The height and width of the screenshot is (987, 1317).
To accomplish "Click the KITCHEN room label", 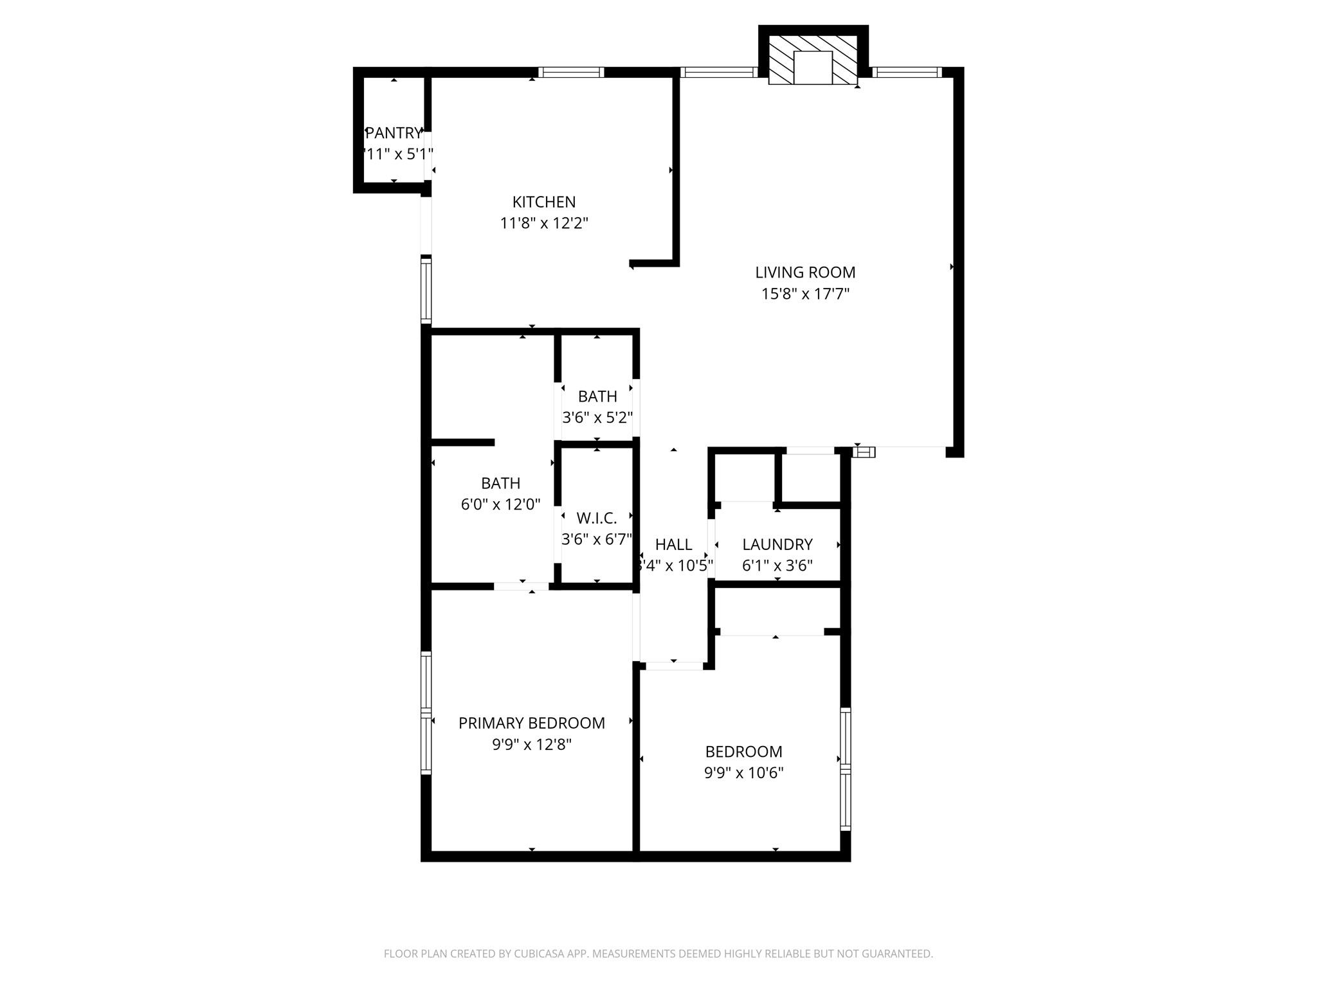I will (x=543, y=202).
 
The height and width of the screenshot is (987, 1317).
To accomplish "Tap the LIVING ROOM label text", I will (x=804, y=272).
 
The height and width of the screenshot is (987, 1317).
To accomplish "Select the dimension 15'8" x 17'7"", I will (x=805, y=294).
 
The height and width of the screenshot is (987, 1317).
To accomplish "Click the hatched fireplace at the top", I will (x=813, y=60).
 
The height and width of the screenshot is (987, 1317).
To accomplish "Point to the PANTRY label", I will (x=394, y=133).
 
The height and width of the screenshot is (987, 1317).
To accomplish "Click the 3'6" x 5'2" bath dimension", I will (x=597, y=418).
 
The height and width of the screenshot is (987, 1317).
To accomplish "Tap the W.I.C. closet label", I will (x=596, y=518).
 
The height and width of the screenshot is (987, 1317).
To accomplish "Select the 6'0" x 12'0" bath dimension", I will (x=500, y=504).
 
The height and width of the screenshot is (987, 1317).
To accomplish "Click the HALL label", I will (x=673, y=545).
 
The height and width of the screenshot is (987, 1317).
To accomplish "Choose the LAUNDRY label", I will (x=777, y=545).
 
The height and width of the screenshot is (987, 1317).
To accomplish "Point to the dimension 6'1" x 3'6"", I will (x=777, y=565).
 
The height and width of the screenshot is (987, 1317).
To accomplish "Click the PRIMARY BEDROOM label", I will (x=531, y=724).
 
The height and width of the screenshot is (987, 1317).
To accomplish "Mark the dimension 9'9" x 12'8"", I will (x=531, y=745).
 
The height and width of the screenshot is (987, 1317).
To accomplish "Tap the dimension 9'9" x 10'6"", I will (x=743, y=772).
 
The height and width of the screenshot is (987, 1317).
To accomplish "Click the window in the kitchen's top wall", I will (x=570, y=72).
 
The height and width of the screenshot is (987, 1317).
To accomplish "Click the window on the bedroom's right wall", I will (x=846, y=769).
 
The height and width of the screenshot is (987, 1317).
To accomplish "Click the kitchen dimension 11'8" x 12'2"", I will (x=544, y=224).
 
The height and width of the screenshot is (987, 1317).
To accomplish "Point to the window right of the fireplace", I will (x=907, y=72).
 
